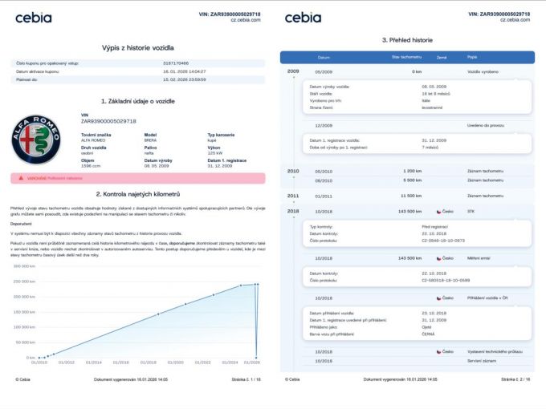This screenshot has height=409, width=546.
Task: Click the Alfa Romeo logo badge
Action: (x=36, y=140)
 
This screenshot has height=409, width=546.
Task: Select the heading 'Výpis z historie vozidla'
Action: (x=139, y=48)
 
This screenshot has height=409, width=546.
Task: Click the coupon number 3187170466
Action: (x=175, y=63)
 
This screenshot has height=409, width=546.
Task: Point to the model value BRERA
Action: (x=150, y=140)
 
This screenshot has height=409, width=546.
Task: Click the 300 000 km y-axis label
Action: (x=24, y=265)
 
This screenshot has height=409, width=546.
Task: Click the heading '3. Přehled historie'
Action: (x=407, y=39)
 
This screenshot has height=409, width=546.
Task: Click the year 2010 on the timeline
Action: (x=293, y=171)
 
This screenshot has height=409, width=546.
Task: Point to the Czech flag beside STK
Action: (x=438, y=211)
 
